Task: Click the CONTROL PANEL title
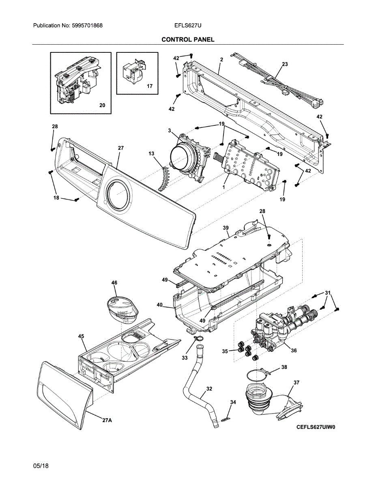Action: pos(188,39)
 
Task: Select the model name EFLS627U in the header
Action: pos(188,26)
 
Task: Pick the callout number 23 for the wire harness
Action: pos(285,64)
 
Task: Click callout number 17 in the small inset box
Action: pos(150,86)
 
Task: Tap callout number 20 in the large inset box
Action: pos(102,105)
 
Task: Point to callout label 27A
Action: pos(107,420)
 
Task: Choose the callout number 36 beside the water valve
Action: pos(294,350)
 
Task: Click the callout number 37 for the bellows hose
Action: pos(297,382)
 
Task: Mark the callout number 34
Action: pos(232,402)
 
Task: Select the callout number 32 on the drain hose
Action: pos(209,388)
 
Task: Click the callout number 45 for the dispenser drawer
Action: pos(81,336)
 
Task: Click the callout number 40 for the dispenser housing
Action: pos(159,304)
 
